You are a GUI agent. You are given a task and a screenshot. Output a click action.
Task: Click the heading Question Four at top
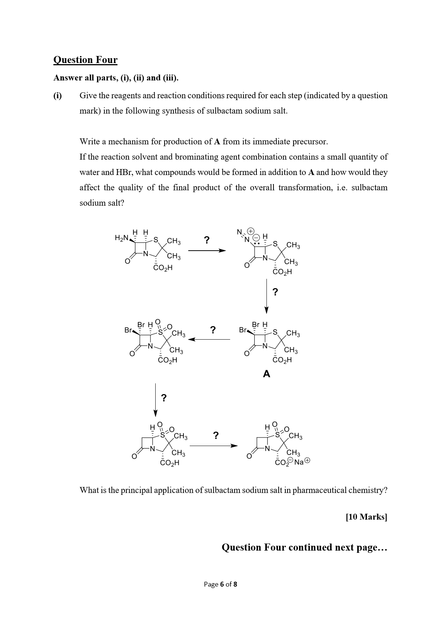85,60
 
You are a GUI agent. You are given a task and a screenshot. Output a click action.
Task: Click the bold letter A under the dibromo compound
266,374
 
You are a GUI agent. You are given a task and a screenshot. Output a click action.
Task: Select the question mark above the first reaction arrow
207,240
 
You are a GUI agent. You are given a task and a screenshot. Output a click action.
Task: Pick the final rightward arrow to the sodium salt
213,446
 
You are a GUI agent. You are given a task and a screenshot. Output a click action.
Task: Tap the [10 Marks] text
366,517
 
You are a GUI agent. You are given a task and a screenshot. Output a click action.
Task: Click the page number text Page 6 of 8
220,584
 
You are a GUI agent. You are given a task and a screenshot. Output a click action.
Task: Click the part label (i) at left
57,96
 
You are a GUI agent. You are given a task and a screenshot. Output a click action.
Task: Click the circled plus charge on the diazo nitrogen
251,231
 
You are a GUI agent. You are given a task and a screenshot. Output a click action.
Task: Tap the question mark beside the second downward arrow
164,398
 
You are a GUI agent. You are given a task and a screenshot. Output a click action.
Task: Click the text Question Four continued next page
304,548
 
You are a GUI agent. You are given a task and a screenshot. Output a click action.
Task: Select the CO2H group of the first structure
163,268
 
